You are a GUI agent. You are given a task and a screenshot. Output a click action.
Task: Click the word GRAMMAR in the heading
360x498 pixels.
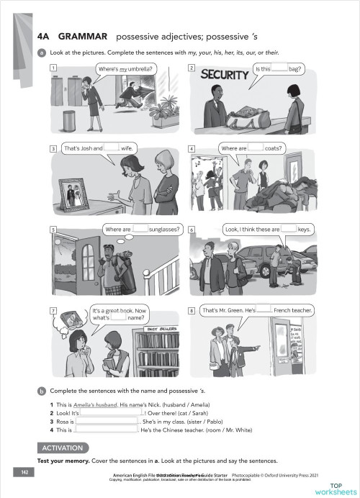pos(83,35)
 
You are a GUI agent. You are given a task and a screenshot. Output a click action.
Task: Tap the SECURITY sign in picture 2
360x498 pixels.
pos(224,74)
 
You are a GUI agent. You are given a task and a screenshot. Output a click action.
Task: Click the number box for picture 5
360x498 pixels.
pos(53,230)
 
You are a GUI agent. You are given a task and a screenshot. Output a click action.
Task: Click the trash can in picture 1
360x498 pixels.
pos(69,120)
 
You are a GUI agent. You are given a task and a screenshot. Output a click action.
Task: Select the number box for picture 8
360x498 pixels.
pos(192,311)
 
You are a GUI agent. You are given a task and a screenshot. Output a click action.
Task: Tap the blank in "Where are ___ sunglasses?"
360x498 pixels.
pos(140,230)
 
